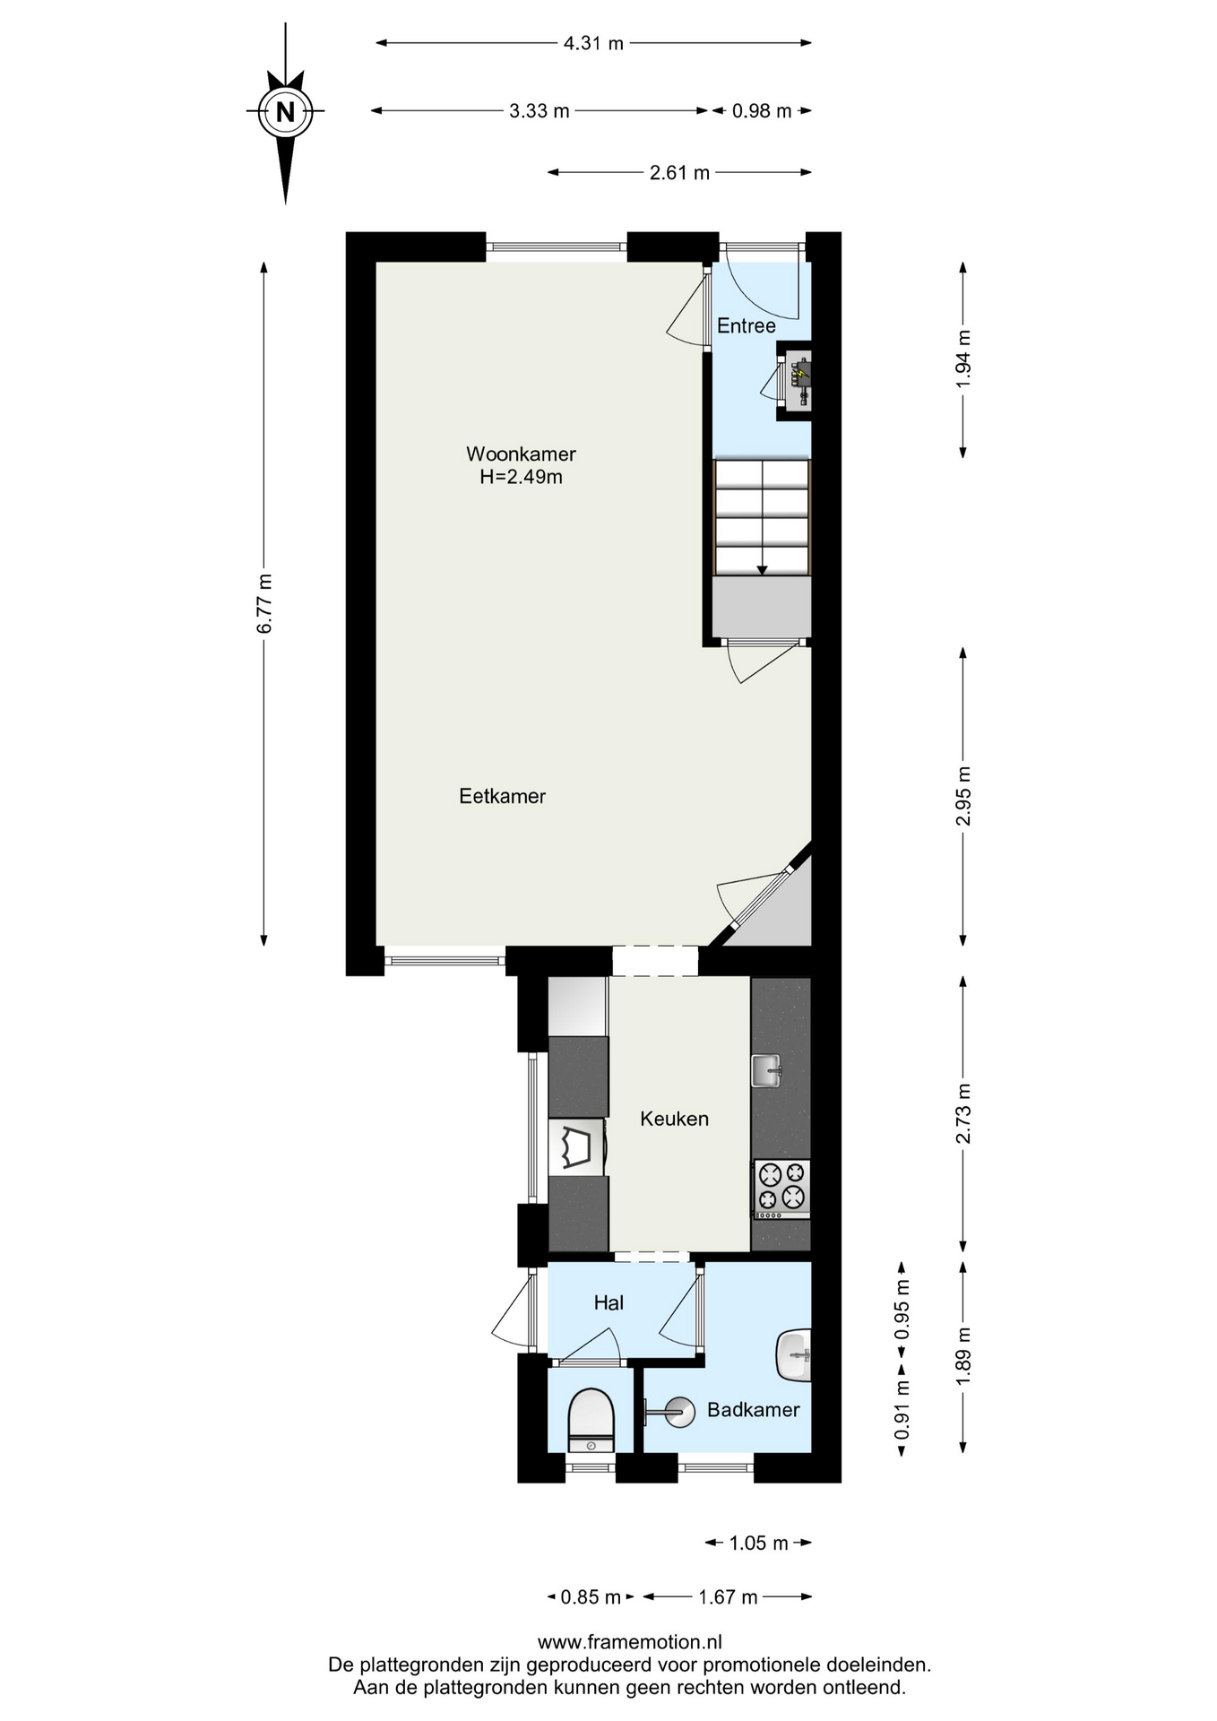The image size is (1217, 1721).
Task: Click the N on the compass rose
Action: click(x=285, y=112)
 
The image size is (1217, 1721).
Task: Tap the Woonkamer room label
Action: click(x=521, y=454)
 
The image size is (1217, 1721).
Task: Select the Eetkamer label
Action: click(x=502, y=796)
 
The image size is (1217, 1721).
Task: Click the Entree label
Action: click(x=746, y=325)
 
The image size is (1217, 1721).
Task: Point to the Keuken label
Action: click(x=674, y=1119)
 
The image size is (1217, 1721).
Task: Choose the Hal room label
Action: click(x=608, y=1302)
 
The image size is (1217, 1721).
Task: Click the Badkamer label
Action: click(x=753, y=1410)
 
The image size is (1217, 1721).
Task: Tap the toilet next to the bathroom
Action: click(x=591, y=1420)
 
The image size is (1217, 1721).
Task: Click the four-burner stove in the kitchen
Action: click(x=781, y=1189)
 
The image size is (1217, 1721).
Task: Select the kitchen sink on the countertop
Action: click(x=766, y=1069)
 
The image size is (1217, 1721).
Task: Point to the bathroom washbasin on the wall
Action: click(x=794, y=1356)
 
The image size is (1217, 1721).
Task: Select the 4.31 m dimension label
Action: click(x=593, y=43)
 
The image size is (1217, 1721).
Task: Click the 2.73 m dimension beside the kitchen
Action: click(x=963, y=1113)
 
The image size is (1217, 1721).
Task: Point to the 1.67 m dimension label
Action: click(x=728, y=1596)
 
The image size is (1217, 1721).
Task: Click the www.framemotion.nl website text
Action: click(x=630, y=1642)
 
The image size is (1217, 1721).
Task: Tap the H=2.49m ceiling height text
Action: click(x=521, y=477)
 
